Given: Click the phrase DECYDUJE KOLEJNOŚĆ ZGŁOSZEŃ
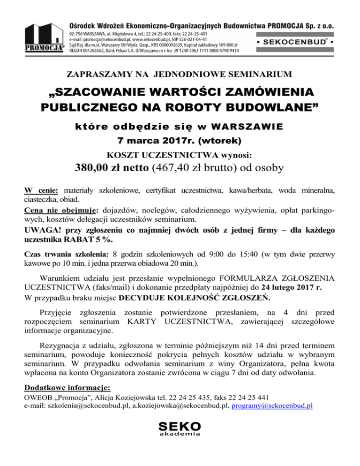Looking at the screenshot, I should click(195, 298).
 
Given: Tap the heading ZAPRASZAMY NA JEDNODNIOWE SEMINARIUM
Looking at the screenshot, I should click(180, 74).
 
